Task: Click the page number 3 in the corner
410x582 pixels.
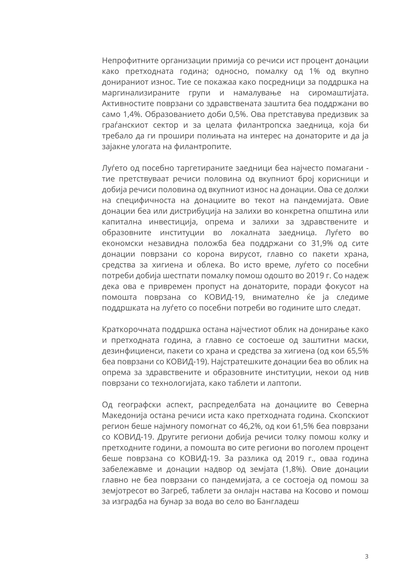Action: (366, 557)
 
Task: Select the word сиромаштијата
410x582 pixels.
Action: (338, 93)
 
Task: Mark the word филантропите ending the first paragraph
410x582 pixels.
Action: (202, 147)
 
